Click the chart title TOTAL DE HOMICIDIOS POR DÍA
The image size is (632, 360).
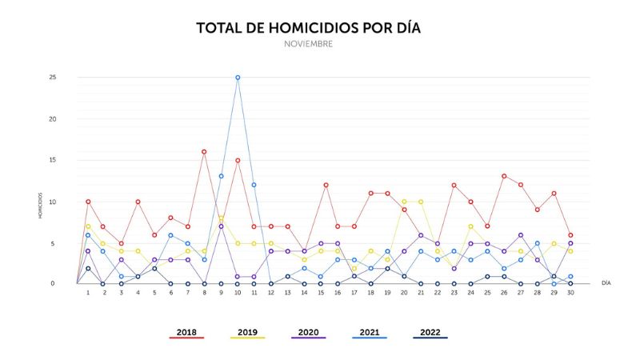coord(308,29)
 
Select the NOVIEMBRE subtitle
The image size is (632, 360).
coord(308,45)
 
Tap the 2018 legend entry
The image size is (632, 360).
coord(186,332)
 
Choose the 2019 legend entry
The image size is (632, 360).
coord(248,332)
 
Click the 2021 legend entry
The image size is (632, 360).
coord(370,332)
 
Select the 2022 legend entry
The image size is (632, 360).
coord(430,332)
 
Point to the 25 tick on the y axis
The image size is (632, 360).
coord(52,78)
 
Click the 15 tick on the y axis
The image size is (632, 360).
coord(52,160)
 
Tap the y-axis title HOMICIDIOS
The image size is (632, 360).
coord(41,205)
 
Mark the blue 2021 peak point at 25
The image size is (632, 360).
coord(238,78)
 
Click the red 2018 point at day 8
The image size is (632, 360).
coord(204,151)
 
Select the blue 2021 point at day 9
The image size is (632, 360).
coord(221,176)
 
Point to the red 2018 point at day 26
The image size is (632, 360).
coord(504,176)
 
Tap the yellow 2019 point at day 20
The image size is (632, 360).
coord(404,201)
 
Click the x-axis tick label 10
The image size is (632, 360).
coord(238,294)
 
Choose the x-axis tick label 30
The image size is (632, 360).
coord(570,294)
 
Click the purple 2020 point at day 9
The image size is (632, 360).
coord(221,226)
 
